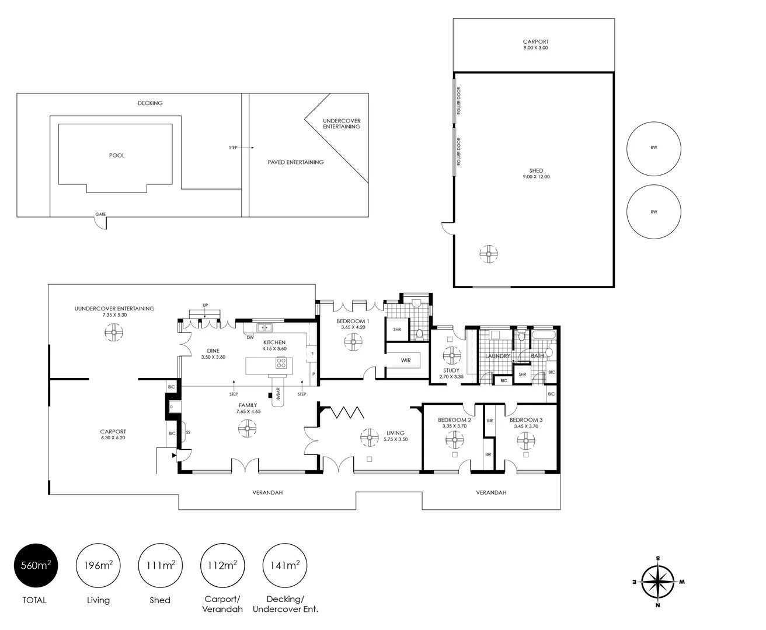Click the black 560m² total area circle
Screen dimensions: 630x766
(x=36, y=565)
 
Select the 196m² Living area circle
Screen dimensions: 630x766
(x=98, y=565)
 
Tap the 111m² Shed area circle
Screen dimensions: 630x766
(x=160, y=565)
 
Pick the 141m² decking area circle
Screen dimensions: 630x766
(x=285, y=565)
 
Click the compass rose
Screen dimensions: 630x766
(x=658, y=582)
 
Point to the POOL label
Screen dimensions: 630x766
(x=117, y=156)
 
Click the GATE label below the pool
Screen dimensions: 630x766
(x=100, y=215)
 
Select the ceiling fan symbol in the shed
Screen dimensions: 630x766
(x=488, y=254)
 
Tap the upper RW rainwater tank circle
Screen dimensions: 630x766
(x=653, y=148)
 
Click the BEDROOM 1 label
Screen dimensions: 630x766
(x=353, y=321)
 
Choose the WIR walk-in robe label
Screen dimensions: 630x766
(x=406, y=360)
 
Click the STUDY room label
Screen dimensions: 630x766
(x=451, y=370)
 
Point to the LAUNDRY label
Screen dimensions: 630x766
(x=497, y=356)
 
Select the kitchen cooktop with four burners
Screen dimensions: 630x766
(x=281, y=363)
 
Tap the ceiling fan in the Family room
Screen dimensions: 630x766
(x=248, y=430)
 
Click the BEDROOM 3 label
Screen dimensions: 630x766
(x=526, y=420)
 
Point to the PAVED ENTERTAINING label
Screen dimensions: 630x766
(x=295, y=162)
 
